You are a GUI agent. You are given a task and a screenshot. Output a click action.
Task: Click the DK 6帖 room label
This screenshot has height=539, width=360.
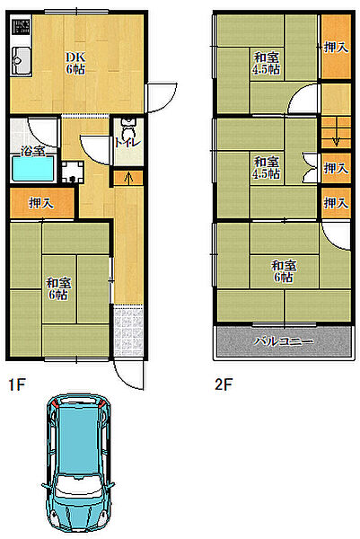coord(75,63)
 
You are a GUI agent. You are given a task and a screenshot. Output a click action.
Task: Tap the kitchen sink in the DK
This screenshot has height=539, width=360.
coord(21,61)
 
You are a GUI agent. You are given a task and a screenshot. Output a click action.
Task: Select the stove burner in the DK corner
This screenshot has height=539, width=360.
coord(21,27)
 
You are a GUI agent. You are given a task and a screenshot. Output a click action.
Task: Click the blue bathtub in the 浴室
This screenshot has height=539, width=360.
coord(33,169)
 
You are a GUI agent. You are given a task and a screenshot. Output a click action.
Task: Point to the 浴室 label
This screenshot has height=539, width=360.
coord(32,151)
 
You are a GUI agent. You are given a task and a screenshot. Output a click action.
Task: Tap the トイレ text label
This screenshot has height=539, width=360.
coord(127,143)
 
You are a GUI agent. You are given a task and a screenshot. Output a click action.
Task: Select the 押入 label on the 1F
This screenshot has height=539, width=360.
coord(41,203)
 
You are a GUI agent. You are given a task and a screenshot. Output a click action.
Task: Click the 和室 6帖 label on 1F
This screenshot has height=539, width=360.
coord(58,288)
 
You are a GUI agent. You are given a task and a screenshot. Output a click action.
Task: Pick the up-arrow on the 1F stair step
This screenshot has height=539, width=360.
coord(128,178)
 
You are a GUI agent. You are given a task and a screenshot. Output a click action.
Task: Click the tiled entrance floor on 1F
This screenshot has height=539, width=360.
coord(128,331)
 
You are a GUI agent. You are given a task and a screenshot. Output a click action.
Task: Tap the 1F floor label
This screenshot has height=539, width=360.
coord(17,384)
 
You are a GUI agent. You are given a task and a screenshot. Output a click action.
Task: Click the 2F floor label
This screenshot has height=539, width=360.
coord(224,384)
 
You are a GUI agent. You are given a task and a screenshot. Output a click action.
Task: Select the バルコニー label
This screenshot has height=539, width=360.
coord(284,341)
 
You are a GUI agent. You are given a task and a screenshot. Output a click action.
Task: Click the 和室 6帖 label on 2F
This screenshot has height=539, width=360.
coord(284,271)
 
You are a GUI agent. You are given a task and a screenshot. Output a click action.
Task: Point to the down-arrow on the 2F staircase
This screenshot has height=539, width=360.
coord(337,137)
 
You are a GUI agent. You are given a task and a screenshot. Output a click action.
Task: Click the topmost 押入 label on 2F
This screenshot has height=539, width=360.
coord(337,48)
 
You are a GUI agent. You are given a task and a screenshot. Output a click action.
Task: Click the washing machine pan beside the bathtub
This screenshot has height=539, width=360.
coord(73,172)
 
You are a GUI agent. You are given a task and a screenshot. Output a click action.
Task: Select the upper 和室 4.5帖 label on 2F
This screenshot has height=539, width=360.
coord(267,63)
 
